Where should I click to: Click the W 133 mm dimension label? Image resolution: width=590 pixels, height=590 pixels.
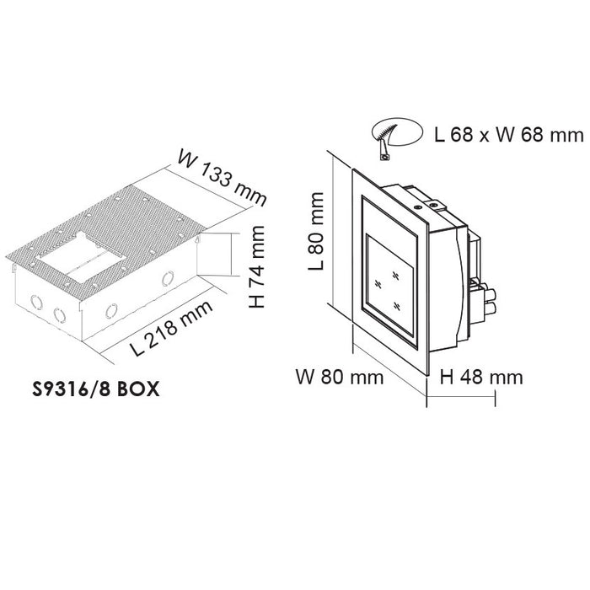point(222,178)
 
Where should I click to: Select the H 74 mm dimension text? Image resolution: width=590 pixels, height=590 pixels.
point(257,266)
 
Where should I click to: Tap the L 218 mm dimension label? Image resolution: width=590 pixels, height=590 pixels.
point(172,328)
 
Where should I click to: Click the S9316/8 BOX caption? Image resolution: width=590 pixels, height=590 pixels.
point(96,389)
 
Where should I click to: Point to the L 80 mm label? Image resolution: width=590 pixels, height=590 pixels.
point(316,231)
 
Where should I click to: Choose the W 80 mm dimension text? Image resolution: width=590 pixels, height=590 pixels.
point(340,377)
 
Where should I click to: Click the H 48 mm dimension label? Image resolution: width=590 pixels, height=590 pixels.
point(481,377)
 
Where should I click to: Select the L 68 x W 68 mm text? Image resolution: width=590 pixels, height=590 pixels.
point(509,135)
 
